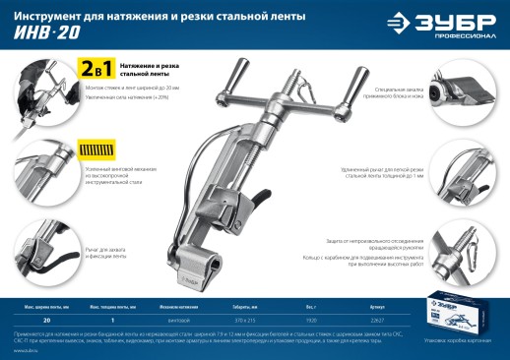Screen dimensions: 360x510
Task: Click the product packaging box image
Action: (x=451, y=314)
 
